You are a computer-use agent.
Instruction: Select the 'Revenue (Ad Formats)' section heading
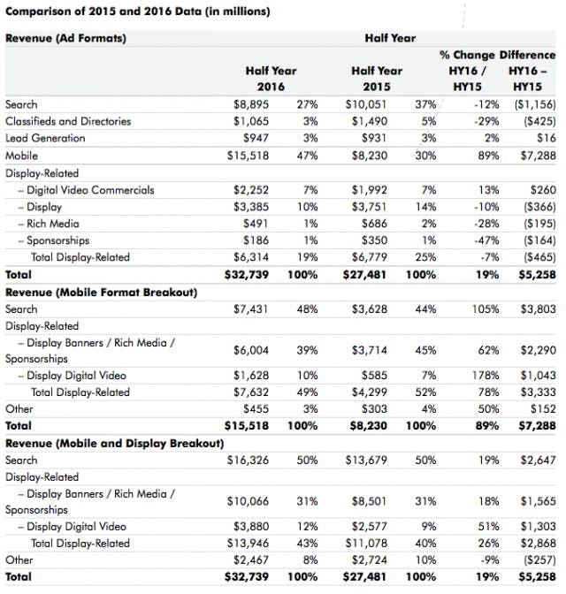click(x=65, y=39)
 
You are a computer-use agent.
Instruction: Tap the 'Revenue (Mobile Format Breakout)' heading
click(x=101, y=292)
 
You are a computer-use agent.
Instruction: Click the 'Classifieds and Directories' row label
click(x=68, y=121)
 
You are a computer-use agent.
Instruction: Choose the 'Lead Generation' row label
click(x=44, y=139)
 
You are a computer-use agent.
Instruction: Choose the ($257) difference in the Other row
click(x=537, y=560)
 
